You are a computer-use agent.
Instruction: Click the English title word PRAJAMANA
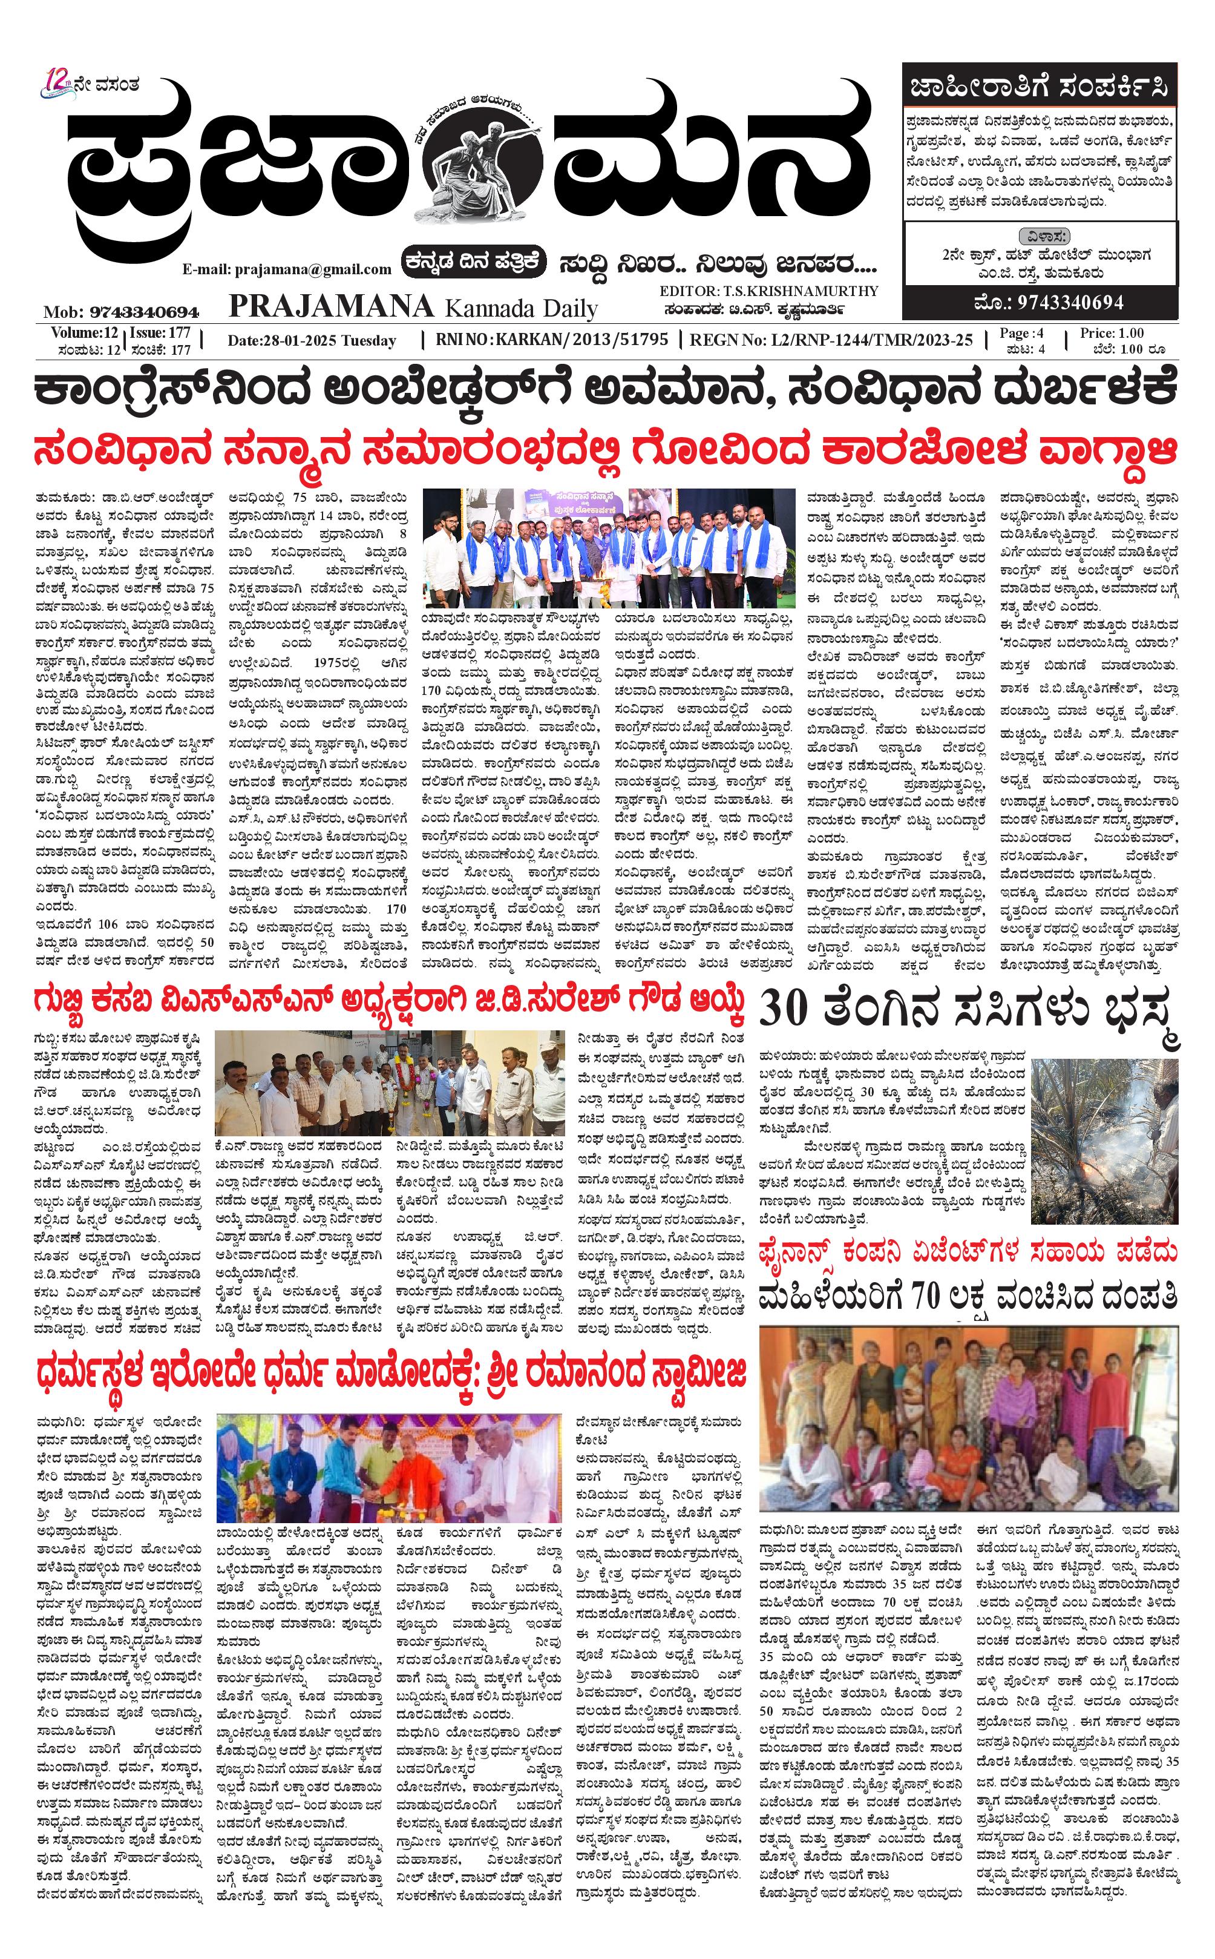pos(331,306)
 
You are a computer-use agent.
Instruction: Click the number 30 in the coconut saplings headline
pos(783,1010)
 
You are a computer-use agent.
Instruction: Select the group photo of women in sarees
pos(968,1419)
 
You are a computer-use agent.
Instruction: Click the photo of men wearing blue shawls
pos(608,547)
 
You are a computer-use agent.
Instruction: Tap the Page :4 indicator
pos(1021,333)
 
